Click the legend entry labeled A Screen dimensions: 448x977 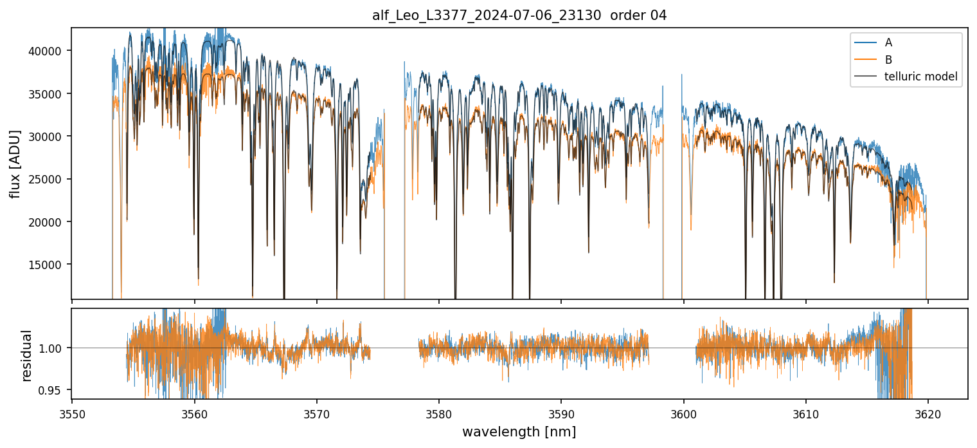point(888,42)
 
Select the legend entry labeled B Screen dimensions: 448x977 point(888,60)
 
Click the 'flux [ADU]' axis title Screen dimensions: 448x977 point(15,164)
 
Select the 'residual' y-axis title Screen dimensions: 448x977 point(27,355)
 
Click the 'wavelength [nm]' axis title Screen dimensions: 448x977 point(519,431)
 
